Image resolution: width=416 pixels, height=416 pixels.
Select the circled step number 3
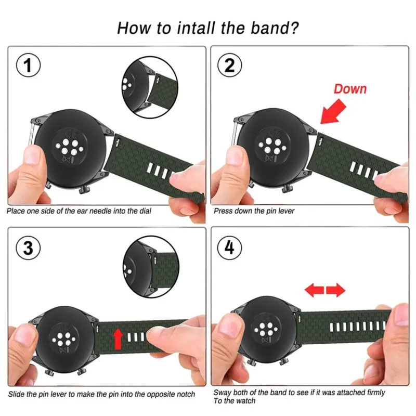coord(29,248)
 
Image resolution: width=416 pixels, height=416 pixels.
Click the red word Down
coord(350,88)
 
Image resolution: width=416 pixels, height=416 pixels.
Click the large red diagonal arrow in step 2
coord(334,111)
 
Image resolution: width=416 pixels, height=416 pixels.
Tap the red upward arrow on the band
coord(118,337)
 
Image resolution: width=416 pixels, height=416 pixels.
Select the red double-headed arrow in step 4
coord(325,290)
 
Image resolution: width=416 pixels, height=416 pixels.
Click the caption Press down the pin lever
coord(253,212)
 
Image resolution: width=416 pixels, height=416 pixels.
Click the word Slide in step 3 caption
coord(16,394)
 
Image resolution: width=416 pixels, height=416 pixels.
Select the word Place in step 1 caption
coord(16,212)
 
